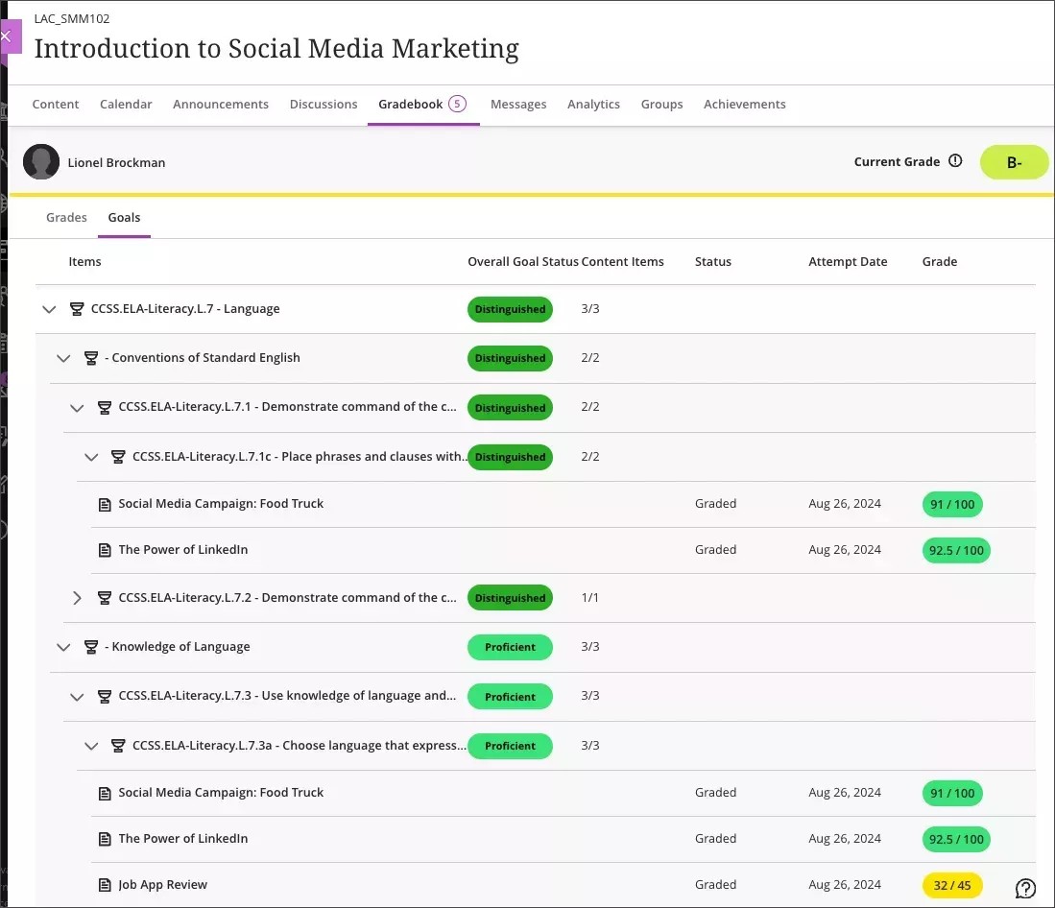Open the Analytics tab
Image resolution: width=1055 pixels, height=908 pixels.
[x=593, y=104]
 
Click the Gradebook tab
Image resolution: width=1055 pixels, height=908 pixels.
[x=411, y=104]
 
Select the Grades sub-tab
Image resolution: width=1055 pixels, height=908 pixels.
[x=66, y=218]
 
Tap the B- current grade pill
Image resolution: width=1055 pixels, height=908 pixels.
[x=1014, y=162]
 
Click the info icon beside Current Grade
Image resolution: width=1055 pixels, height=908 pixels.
[x=955, y=161]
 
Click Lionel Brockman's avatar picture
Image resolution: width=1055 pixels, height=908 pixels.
[x=41, y=162]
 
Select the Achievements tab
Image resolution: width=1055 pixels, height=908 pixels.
[x=744, y=104]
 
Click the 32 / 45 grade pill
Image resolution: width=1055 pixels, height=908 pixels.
[x=952, y=885]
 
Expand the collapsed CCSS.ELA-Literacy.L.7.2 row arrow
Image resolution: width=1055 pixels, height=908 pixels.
[x=78, y=598]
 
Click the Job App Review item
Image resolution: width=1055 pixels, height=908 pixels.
[x=162, y=885]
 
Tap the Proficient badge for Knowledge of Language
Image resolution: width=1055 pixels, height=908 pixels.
[x=510, y=647]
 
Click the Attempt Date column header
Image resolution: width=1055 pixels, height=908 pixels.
[x=848, y=261]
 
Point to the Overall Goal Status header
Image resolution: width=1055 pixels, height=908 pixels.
[x=522, y=261]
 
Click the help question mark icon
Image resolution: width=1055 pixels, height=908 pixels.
[x=1025, y=888]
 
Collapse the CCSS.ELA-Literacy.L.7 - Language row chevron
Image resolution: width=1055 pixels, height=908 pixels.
[x=50, y=309]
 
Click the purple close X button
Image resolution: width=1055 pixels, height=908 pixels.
[x=7, y=36]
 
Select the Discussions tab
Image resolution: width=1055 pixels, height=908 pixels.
[x=324, y=104]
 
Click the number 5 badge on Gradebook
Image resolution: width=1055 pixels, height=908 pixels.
[x=457, y=104]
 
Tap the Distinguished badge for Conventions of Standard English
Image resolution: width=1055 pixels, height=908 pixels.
[x=510, y=358]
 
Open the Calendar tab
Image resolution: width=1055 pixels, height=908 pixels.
[x=126, y=104]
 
